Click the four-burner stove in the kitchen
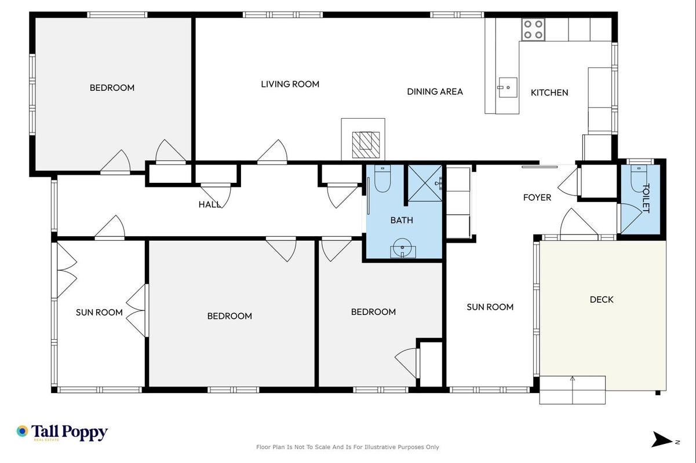click(533, 30)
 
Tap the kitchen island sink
click(508, 87)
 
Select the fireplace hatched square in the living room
click(366, 145)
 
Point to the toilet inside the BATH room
click(382, 178)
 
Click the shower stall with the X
click(425, 183)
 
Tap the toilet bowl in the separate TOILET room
click(638, 179)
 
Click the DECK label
click(602, 299)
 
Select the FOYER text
click(537, 197)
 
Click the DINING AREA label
click(435, 91)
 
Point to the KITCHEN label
click(549, 93)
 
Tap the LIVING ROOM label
click(290, 84)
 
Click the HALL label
click(210, 204)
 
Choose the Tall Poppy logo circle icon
click(22, 431)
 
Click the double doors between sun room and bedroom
click(137, 310)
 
